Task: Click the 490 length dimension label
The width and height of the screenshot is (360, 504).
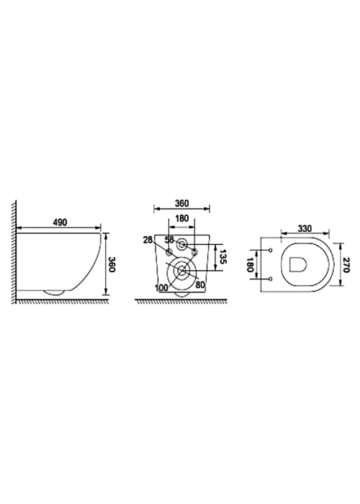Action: coord(60,222)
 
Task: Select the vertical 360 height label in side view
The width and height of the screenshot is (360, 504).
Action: coord(111,264)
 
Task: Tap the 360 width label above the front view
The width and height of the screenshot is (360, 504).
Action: coord(181,204)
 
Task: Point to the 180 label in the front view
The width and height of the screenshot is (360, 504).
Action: coord(181,219)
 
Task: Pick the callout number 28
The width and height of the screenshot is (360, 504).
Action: coord(148,240)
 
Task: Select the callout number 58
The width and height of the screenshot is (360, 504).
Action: coord(169,240)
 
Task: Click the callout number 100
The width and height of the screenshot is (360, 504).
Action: coord(161,288)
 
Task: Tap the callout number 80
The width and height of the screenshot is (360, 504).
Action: coord(200,284)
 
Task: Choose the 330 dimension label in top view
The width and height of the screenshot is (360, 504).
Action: coord(305,228)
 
